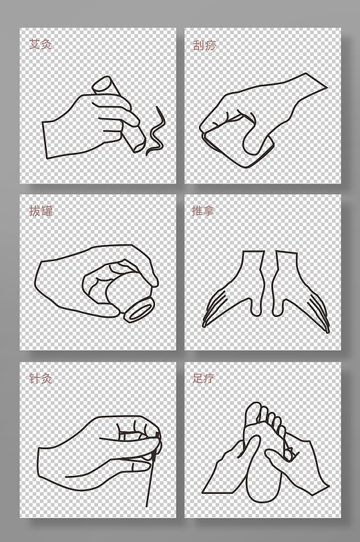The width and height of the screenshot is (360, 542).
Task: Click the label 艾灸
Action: click(x=40, y=44)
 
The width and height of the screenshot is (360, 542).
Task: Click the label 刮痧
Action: click(x=204, y=45)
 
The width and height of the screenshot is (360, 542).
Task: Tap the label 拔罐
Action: click(x=40, y=211)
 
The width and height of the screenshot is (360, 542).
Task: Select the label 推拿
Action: click(x=203, y=211)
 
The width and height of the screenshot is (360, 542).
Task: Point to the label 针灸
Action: click(x=40, y=378)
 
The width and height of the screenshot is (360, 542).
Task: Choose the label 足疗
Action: click(x=203, y=378)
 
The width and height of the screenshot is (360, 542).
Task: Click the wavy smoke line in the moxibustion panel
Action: click(x=157, y=132)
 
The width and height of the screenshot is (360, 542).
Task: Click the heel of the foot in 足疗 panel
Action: click(x=259, y=491)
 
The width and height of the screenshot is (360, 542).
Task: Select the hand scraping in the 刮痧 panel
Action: click(x=260, y=113)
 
